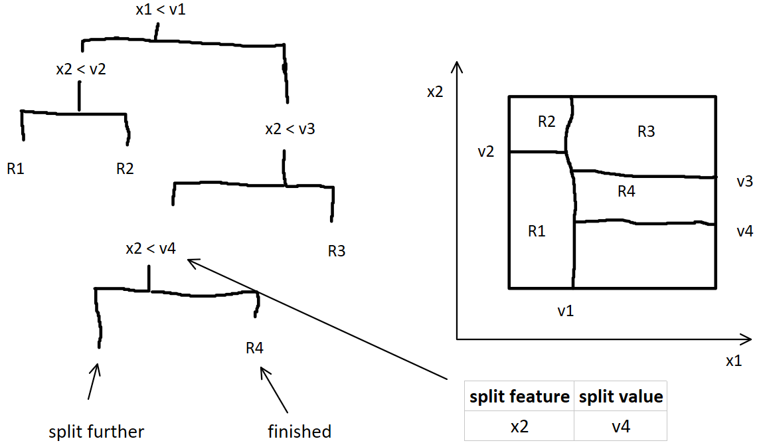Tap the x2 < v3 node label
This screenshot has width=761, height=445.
(x=290, y=129)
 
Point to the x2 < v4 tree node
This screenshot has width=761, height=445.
(x=151, y=248)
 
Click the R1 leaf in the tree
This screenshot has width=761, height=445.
(x=16, y=169)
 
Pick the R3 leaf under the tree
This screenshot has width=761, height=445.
(x=337, y=251)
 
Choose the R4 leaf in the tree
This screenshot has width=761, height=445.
(x=255, y=348)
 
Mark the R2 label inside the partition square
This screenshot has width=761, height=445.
(x=547, y=122)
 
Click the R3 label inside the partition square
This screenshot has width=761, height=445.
(x=646, y=132)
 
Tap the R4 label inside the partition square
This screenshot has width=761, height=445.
(x=626, y=192)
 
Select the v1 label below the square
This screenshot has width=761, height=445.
(x=566, y=311)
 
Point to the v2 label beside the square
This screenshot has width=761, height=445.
(x=486, y=152)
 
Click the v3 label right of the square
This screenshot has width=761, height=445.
(x=744, y=181)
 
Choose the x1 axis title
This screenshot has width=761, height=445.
(x=734, y=361)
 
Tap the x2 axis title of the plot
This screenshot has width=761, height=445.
(x=435, y=92)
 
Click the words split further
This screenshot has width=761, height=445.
(x=96, y=432)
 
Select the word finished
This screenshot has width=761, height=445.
(x=299, y=432)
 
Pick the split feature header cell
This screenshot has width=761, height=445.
(x=519, y=397)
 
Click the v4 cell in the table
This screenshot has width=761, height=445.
(x=621, y=426)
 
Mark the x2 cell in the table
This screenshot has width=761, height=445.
(x=519, y=426)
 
